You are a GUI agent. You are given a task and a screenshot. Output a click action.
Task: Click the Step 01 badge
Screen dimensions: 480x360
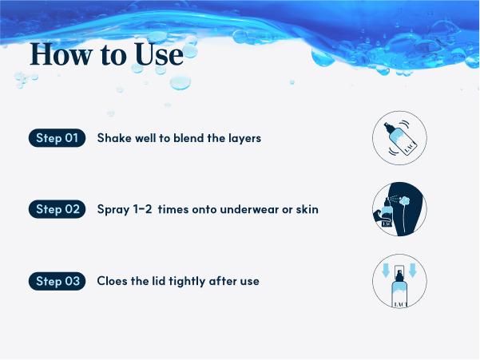pos(57,138)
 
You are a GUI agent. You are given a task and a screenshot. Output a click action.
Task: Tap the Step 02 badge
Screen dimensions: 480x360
pos(57,209)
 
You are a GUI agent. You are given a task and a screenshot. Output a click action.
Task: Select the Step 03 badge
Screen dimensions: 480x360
pos(57,281)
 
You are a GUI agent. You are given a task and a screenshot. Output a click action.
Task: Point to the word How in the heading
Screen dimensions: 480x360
pos(61,54)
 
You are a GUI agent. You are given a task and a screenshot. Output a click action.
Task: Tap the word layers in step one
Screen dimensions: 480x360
pos(245,139)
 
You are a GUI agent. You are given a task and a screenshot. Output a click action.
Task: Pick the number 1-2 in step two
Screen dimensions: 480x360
pos(142,209)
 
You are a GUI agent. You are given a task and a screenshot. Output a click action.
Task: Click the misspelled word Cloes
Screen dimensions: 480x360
pos(112,281)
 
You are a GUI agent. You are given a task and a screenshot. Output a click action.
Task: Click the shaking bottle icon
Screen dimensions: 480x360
pos(399,138)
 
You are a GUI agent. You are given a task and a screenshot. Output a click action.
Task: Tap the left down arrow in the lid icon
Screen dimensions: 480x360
pos(386,271)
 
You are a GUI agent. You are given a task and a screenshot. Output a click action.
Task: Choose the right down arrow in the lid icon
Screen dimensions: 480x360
pos(413,271)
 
